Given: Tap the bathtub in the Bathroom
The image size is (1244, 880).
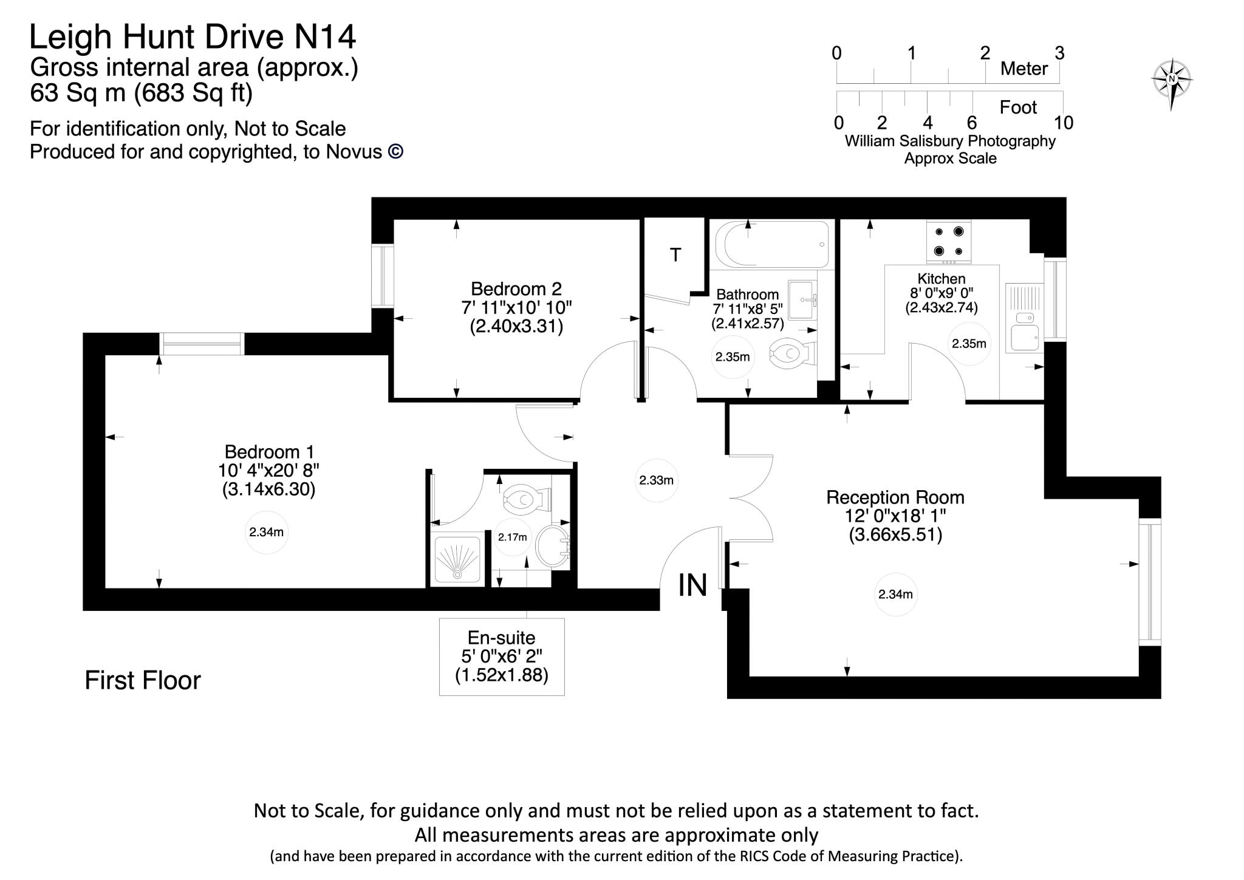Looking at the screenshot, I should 771,244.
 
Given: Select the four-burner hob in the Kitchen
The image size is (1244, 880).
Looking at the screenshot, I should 948,241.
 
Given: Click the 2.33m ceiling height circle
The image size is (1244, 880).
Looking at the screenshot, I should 656,480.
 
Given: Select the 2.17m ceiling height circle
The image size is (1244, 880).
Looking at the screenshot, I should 512,537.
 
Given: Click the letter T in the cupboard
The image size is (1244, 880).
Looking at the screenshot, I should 675,255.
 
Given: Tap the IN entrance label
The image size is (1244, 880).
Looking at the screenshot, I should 692,585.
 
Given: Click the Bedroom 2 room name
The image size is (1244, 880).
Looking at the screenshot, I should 516,288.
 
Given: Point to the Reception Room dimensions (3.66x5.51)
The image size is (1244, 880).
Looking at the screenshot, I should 895,535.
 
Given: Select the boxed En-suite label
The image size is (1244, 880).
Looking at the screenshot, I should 502,656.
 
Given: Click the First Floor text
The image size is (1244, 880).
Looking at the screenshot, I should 143,680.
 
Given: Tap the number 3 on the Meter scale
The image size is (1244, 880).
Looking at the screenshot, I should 1059,53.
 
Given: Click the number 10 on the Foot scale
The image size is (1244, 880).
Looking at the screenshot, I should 1063,123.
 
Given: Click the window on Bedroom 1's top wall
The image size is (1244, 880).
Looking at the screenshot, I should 202,344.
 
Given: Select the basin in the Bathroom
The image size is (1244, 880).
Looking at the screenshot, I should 803,300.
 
